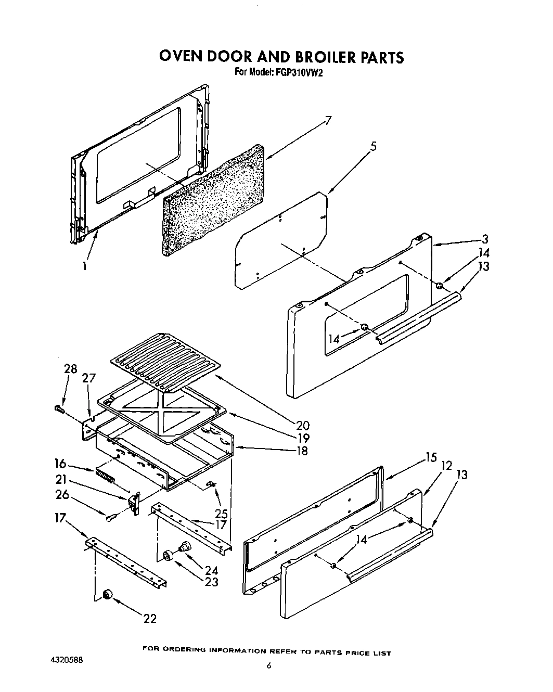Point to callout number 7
click(328, 121)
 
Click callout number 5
click(373, 147)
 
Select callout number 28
click(70, 369)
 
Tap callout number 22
click(149, 618)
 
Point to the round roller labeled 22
click(108, 595)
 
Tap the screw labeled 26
click(111, 518)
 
